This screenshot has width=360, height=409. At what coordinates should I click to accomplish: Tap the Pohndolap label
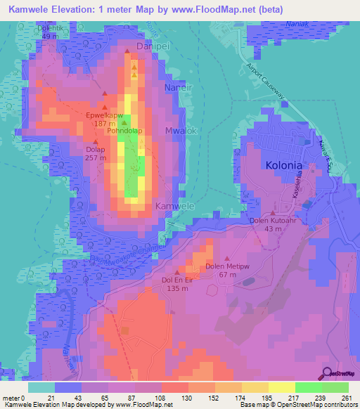click(124, 131)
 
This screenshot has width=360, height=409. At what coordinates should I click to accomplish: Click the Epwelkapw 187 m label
click(103, 119)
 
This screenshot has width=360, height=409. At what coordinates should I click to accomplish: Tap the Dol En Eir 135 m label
click(177, 283)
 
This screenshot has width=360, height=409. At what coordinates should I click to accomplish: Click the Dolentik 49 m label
click(49, 32)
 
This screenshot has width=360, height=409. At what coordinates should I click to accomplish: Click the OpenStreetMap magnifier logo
click(328, 373)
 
